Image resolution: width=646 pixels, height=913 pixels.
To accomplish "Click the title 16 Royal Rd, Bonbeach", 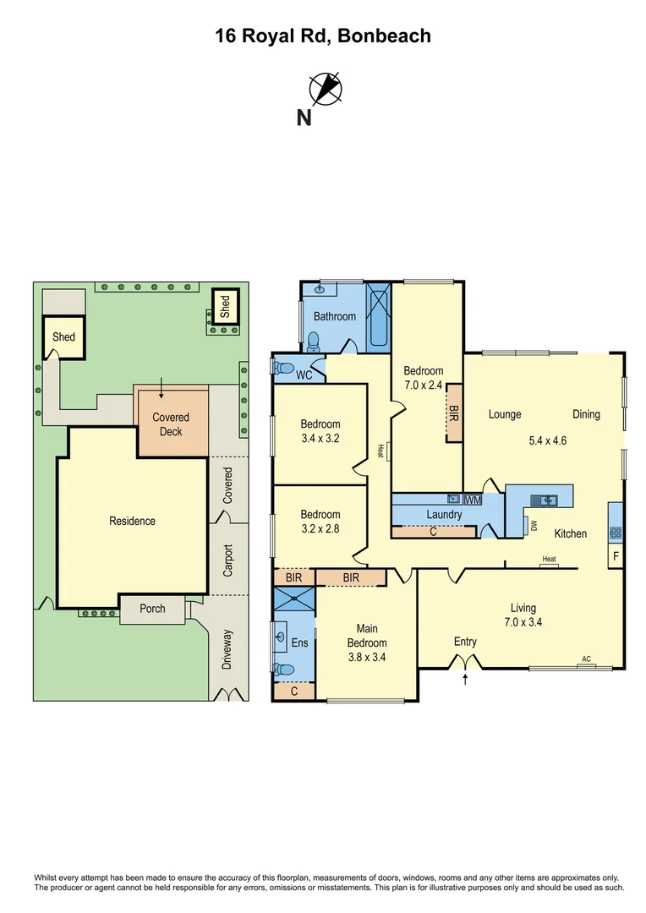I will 322,36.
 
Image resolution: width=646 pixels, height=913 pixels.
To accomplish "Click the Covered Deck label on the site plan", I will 171,424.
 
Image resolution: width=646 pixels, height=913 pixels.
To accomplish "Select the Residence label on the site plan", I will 132,521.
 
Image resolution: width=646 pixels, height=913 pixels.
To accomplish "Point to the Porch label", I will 152,609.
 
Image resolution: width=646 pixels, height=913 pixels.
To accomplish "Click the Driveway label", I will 227,650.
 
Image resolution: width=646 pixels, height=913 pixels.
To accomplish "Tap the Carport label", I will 227,560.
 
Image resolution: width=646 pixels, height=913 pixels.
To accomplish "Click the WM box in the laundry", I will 473,500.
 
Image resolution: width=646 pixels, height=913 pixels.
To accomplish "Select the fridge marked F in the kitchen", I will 616,557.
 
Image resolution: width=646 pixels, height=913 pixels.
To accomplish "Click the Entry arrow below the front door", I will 465,678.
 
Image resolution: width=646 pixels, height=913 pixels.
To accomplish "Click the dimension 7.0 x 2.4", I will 423,385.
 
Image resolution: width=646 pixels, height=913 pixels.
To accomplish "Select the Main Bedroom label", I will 366,636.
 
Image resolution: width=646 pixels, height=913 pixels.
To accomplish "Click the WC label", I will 304,374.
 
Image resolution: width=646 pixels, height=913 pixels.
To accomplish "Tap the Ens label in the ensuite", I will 299,642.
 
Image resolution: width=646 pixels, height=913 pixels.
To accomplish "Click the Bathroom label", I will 335,316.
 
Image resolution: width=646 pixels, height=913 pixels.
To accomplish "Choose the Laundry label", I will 444,514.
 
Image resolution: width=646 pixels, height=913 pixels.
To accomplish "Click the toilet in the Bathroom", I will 314,340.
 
